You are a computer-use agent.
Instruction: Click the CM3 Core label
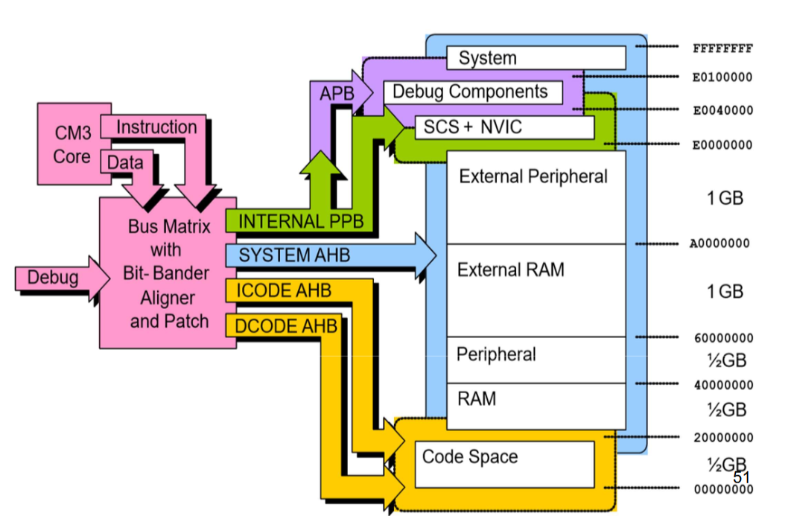tap(72, 145)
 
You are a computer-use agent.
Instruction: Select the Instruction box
tap(156, 127)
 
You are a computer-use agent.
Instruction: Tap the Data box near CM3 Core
tap(124, 162)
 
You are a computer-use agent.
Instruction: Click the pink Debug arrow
tap(54, 278)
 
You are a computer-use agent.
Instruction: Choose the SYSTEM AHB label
tap(293, 255)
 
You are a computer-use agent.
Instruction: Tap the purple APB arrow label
tap(337, 95)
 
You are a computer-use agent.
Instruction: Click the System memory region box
tap(536, 58)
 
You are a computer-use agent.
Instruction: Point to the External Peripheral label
tap(533, 176)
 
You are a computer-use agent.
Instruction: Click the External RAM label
tap(510, 270)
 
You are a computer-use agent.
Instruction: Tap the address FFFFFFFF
tap(722, 49)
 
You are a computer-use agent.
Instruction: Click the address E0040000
tap(722, 111)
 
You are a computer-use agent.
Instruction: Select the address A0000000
tap(719, 243)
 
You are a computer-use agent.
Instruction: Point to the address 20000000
tap(722, 438)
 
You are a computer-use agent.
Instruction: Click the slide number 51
tap(741, 477)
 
